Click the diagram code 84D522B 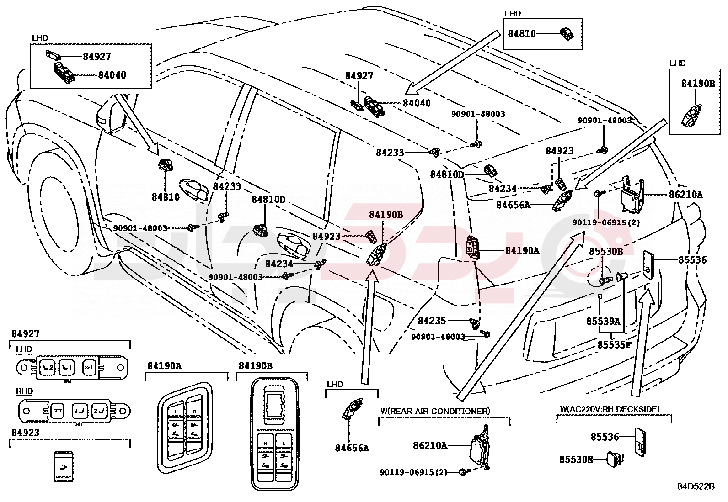click(696, 486)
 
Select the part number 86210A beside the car click(685, 195)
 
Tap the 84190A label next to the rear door click(522, 251)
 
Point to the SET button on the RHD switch click(57, 411)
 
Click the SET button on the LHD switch click(89, 367)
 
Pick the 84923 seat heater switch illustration click(63, 466)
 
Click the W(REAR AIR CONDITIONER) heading click(435, 411)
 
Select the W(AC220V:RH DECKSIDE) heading click(610, 409)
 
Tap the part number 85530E click(576, 459)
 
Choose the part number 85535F click(614, 345)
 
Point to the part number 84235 click(432, 321)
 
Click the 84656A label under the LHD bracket click(352, 448)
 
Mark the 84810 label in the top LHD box click(522, 33)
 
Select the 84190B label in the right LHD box click(698, 84)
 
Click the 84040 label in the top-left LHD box click(112, 75)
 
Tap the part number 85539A click(603, 322)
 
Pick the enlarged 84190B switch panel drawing click(273, 434)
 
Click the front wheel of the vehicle click(57, 212)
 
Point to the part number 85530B click(605, 251)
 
